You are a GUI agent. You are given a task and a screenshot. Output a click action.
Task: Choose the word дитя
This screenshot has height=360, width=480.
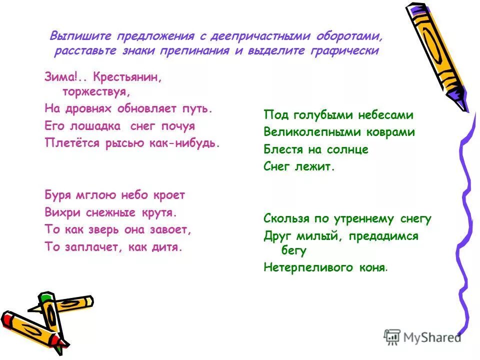click(167, 247)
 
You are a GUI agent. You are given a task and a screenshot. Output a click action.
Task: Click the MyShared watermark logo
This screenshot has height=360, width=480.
click(422, 337)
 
